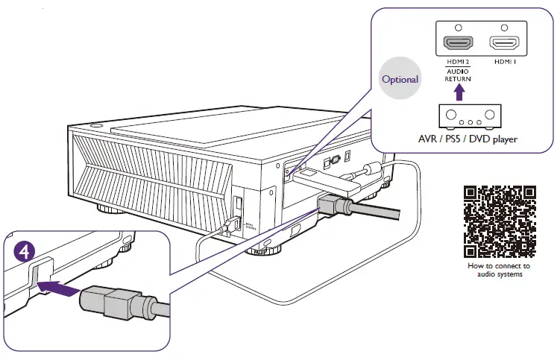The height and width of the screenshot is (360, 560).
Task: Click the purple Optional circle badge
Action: (x=400, y=78)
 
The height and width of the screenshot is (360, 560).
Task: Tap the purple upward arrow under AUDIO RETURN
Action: (x=459, y=92)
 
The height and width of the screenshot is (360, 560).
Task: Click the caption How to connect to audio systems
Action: (x=498, y=270)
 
